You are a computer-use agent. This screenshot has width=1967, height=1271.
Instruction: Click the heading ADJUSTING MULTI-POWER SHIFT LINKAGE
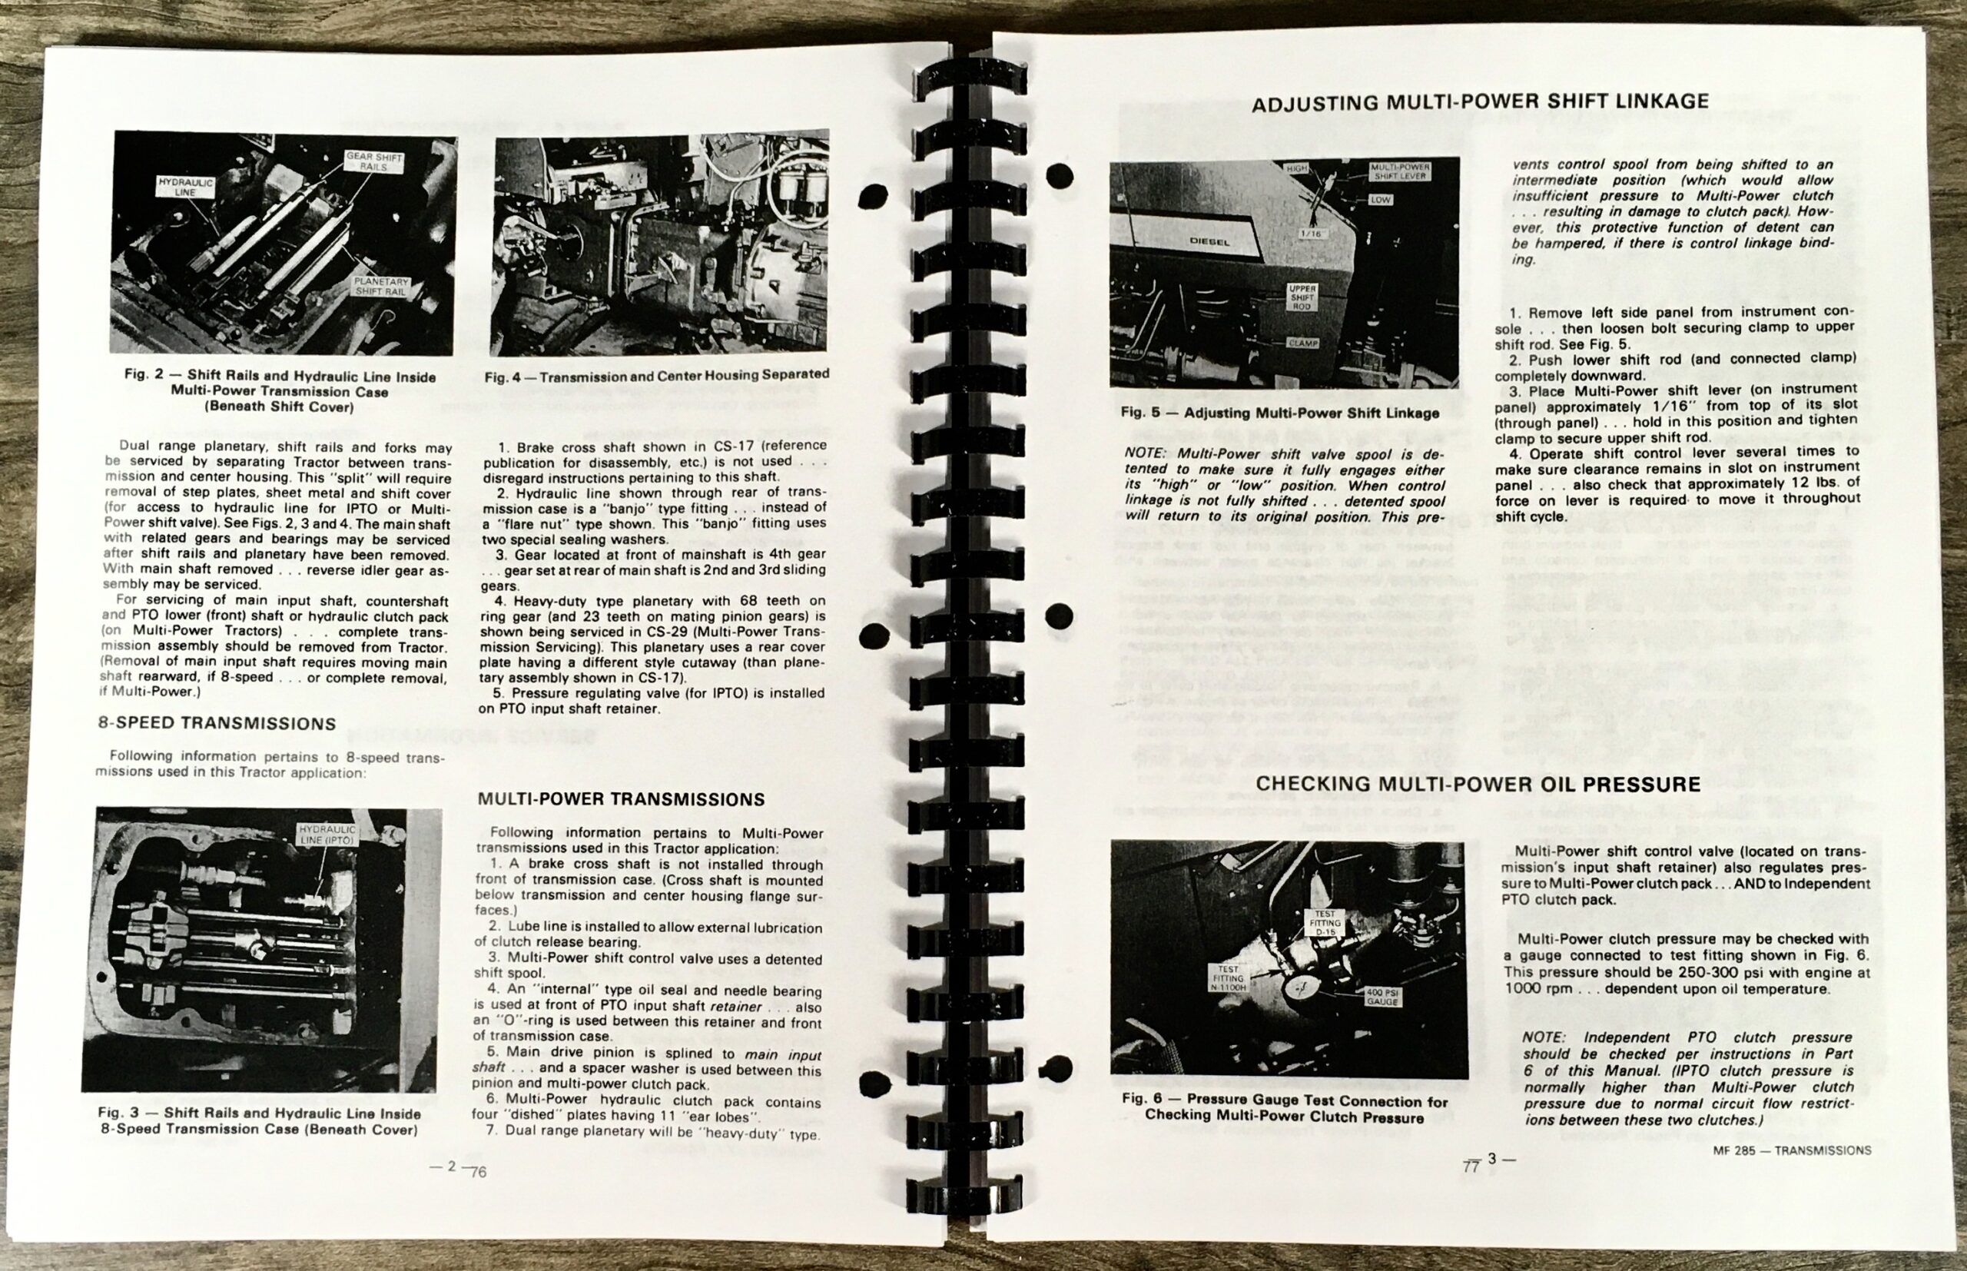(x=1480, y=102)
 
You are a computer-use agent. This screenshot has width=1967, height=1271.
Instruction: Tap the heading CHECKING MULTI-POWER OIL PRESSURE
(x=1478, y=784)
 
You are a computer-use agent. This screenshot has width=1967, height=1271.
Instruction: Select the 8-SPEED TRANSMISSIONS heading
(x=217, y=724)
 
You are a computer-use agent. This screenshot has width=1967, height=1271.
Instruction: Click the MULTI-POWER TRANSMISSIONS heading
(x=622, y=799)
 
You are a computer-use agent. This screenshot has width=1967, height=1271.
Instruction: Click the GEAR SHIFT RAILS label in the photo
(x=373, y=162)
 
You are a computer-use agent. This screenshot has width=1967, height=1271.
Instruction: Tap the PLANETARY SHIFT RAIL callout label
(x=380, y=287)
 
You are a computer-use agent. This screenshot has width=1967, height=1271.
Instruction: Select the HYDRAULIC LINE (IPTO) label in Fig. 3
(x=327, y=834)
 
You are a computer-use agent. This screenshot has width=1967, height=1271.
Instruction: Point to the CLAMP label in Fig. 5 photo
(x=1303, y=343)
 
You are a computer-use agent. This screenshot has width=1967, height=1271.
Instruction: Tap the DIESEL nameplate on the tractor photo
(x=1209, y=243)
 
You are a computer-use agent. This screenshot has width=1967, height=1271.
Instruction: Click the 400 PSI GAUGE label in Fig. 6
(x=1383, y=996)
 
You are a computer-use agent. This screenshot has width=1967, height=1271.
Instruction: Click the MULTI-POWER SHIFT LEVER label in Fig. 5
(x=1399, y=171)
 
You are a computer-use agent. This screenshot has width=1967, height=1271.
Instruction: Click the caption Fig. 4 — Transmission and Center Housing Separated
(x=656, y=376)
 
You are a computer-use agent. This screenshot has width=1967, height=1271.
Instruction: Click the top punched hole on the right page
(x=1060, y=176)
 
